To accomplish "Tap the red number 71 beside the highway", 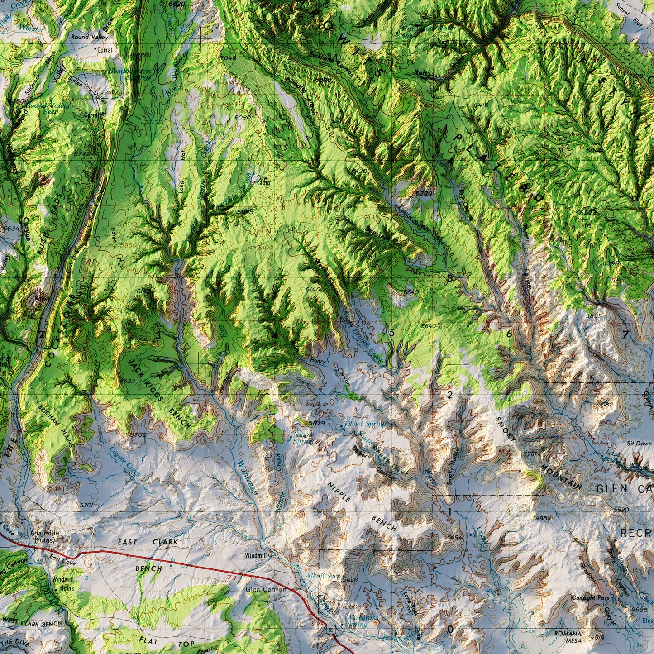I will coord(232,578).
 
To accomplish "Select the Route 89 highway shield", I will coord(326,630).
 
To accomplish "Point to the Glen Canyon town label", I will coord(266,589).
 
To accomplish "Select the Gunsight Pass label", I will coord(590,597).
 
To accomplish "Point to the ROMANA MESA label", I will coord(568,637).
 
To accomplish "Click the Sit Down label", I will coord(639,443).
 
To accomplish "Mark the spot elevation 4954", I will coord(543,517).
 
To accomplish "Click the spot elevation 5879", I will coord(317,423).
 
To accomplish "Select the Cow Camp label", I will coord(263,181).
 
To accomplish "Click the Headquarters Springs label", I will coord(129,74).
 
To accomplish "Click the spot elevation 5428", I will coord(350,579).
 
